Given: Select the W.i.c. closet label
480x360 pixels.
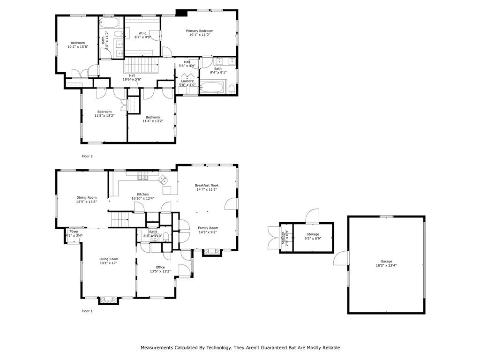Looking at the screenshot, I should click(x=142, y=33).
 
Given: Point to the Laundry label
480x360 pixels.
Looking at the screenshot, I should click(x=187, y=81).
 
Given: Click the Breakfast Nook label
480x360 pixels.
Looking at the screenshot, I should click(x=207, y=185).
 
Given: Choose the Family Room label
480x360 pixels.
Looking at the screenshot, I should click(x=208, y=228).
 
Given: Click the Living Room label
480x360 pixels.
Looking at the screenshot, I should click(x=109, y=259).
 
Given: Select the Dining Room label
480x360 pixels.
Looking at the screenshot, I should click(x=87, y=197).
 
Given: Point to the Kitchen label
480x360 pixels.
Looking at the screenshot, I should click(x=143, y=194).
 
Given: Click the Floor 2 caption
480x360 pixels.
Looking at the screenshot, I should click(x=87, y=156).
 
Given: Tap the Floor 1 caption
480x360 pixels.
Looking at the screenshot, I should click(x=87, y=311).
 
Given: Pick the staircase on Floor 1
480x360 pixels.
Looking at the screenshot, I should click(x=119, y=219).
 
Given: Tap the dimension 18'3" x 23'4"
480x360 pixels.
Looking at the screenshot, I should click(x=386, y=265).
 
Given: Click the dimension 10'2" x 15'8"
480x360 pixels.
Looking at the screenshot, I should click(x=78, y=47).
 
